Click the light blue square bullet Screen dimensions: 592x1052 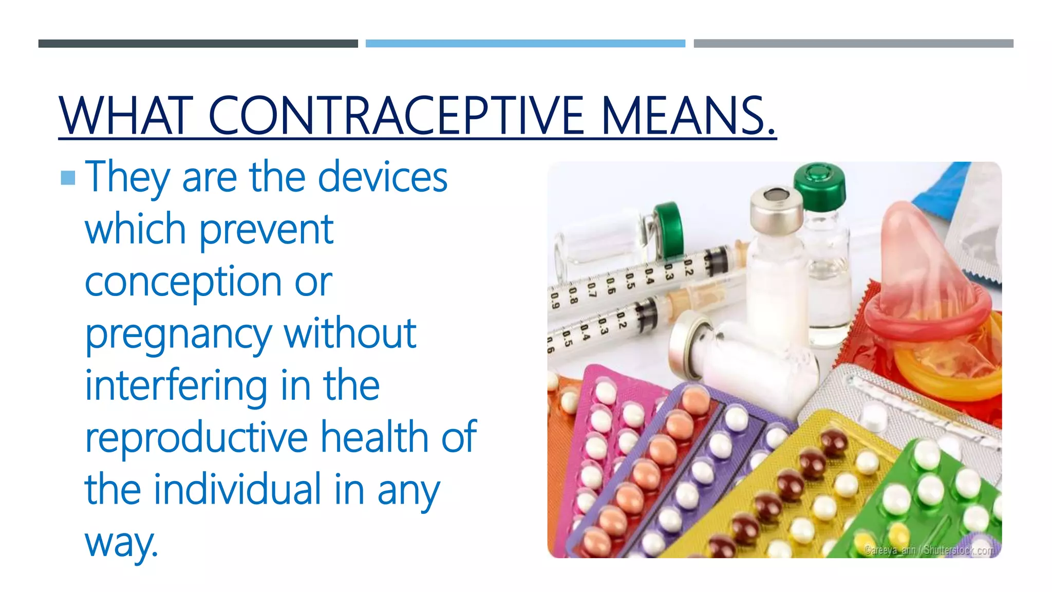point(68,178)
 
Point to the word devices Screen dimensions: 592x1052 point(382,177)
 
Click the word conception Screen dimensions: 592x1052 point(182,283)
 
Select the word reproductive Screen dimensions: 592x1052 point(196,437)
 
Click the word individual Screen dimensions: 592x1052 point(237,489)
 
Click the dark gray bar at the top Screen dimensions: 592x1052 point(198,44)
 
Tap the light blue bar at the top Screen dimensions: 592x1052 point(525,44)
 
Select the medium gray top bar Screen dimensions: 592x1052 point(853,44)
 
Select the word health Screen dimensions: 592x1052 point(374,437)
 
